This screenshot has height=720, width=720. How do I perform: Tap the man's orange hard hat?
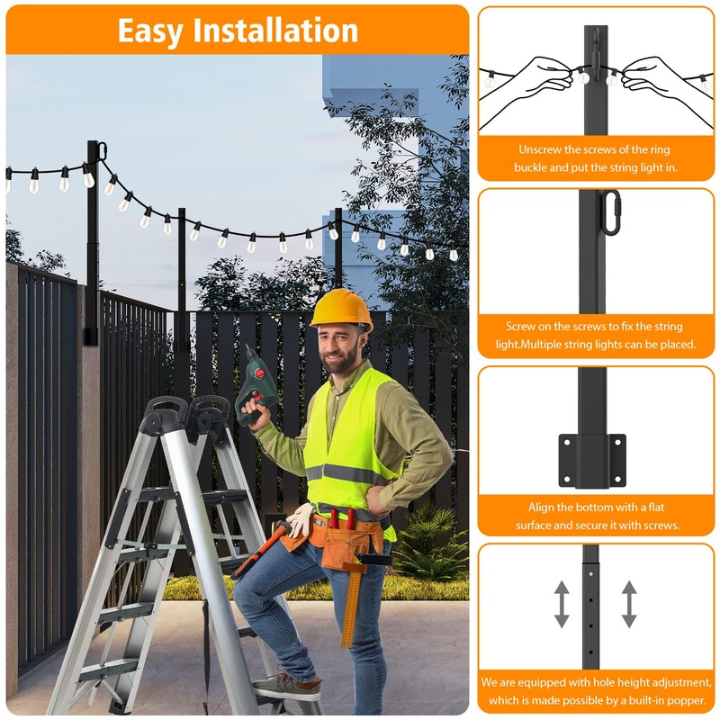click(x=342, y=309)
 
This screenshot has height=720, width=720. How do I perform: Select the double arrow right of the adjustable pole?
click(x=629, y=604)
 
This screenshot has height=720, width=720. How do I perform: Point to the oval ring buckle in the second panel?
click(x=612, y=212)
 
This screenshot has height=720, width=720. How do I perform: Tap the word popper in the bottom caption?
click(x=683, y=701)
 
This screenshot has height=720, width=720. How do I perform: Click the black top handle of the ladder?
click(x=166, y=412)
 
